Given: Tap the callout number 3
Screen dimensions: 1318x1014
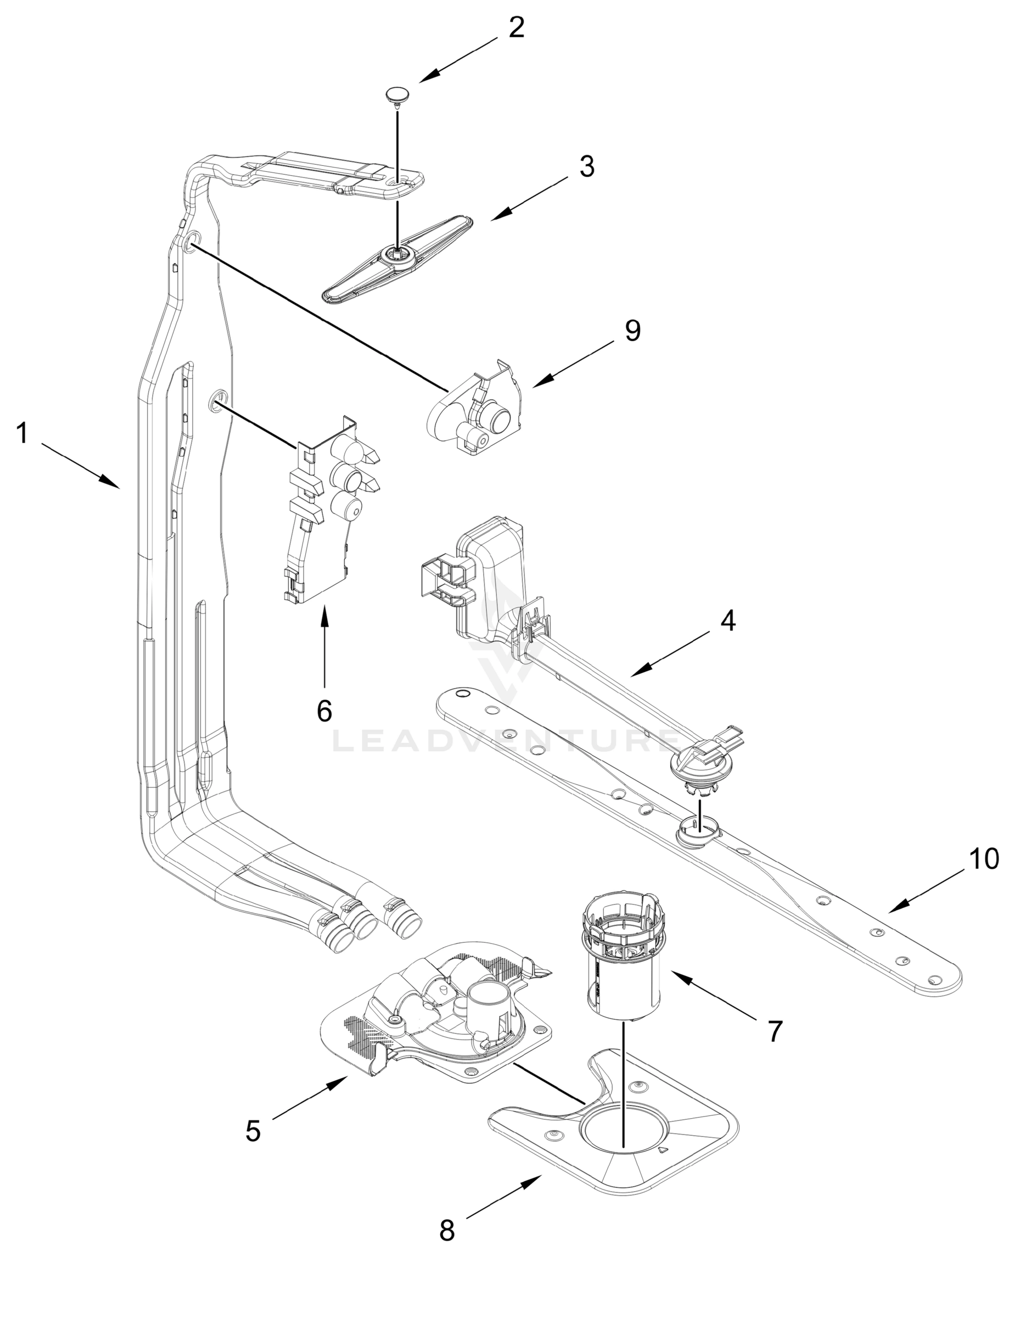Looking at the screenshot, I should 587,166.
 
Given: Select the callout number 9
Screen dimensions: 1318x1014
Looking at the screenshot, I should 632,331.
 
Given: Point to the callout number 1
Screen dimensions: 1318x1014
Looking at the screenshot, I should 23,433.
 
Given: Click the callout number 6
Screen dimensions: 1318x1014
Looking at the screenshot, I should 324,711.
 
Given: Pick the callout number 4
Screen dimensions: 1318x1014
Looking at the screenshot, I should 728,621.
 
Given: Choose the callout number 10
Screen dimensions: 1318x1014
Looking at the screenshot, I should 984,859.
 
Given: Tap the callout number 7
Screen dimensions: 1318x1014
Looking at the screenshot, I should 775,1031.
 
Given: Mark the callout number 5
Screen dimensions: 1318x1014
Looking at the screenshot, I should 253,1131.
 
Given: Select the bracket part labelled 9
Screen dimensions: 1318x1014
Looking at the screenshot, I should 477,410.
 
